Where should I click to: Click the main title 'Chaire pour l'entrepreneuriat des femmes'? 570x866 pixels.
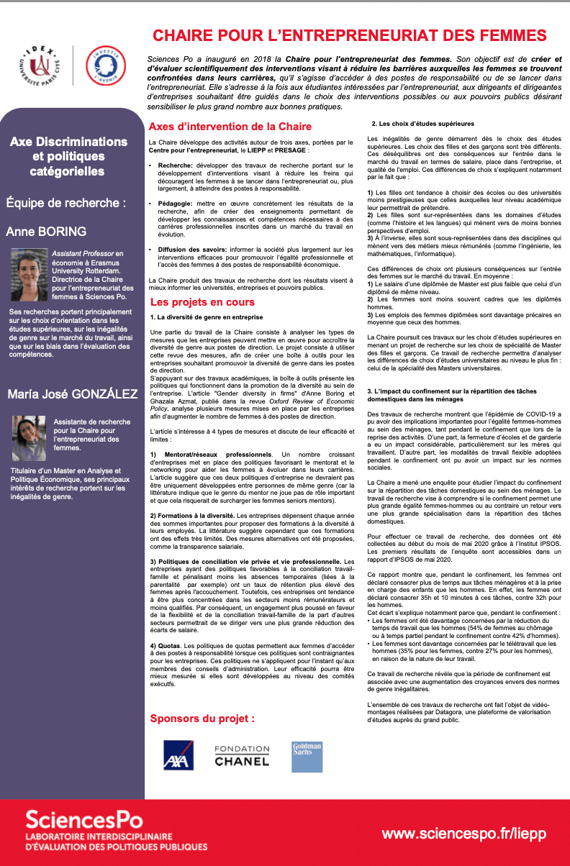point(349,35)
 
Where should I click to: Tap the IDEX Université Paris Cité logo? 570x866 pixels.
point(42,66)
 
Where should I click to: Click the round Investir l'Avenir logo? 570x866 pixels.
point(104,66)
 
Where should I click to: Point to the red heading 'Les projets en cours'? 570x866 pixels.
point(202,302)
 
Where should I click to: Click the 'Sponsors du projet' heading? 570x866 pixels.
point(202,718)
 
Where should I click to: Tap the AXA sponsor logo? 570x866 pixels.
point(178,756)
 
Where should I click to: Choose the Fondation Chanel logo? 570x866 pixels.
point(242,755)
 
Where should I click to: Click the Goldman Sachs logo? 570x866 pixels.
point(307,756)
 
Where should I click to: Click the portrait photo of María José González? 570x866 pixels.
point(29,438)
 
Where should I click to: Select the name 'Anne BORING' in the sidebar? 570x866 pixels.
point(46,232)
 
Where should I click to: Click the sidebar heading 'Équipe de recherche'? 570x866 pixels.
point(65,202)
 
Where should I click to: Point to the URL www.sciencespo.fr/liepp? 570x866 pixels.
point(464,834)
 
